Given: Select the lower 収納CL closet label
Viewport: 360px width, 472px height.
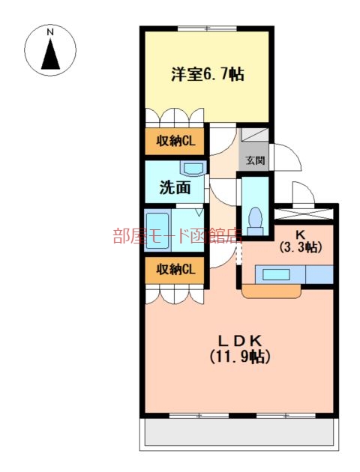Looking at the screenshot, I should pos(175,270).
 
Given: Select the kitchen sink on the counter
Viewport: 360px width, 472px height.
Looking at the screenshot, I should pos(276,274).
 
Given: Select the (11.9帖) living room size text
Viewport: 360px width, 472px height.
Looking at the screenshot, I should pos(239,357).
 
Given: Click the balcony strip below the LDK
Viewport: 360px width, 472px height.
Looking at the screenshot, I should pos(239,432).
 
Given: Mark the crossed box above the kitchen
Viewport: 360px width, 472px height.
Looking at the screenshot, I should pos(304,214).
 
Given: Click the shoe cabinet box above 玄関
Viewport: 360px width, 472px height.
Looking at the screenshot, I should pos(254,138).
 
